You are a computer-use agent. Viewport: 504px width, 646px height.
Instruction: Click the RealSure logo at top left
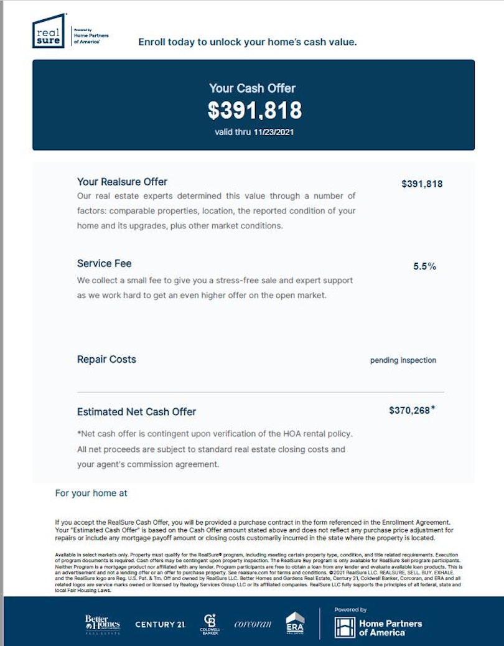point(49,31)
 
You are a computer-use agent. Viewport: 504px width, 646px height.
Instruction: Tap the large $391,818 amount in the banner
point(254,110)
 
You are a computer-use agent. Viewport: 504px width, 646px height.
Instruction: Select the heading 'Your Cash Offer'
point(252,88)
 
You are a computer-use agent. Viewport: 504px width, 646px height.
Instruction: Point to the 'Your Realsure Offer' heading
point(122,182)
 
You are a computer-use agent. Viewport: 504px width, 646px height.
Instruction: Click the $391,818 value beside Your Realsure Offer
point(422,184)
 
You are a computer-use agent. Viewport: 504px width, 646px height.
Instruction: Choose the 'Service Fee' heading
point(104,263)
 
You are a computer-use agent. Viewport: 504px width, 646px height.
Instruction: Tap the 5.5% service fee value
point(424,266)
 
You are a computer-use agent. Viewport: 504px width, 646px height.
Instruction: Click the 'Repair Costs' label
point(106,359)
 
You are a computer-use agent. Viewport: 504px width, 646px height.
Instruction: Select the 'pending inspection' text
point(403,360)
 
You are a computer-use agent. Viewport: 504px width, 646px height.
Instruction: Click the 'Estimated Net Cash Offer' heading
point(136,411)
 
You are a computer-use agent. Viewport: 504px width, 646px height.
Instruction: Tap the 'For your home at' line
point(91,493)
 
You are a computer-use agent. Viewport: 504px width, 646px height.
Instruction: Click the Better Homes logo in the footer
point(102,624)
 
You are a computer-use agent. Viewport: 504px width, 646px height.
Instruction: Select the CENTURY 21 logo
point(160,624)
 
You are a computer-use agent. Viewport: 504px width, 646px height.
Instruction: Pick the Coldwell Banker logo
point(210,624)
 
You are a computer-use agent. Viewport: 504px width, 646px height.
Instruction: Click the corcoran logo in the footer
point(253,624)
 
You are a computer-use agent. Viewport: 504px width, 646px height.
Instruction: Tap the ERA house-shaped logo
point(295,624)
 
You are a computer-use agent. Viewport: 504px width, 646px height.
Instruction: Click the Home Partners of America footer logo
point(378,627)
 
